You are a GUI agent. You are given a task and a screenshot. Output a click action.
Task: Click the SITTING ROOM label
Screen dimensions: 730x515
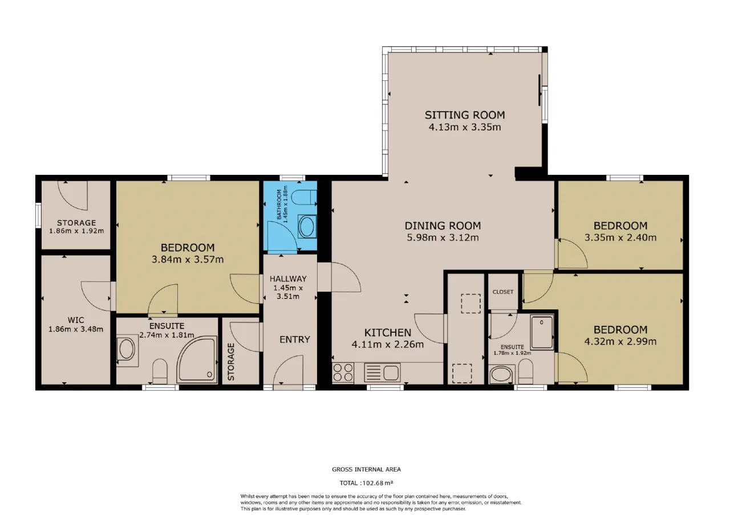[465, 115]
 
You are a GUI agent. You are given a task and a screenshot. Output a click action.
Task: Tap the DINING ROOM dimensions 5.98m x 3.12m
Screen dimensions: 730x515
[443, 238]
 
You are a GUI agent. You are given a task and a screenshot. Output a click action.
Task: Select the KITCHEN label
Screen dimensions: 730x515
[387, 333]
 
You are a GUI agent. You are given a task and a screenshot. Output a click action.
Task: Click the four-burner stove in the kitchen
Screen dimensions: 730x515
[343, 373]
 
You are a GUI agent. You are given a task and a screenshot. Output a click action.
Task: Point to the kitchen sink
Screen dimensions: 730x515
[382, 373]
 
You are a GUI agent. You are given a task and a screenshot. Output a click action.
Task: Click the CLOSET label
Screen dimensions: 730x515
[503, 292]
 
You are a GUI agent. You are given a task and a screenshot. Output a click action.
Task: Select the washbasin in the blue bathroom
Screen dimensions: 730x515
[307, 227]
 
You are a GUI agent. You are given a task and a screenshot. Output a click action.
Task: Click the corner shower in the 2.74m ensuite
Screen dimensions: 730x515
[197, 359]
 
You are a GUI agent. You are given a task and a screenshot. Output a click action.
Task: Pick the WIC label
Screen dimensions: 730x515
[76, 320]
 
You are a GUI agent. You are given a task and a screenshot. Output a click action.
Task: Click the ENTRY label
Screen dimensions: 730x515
[295, 340]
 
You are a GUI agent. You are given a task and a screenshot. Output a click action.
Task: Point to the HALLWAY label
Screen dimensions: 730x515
[288, 279]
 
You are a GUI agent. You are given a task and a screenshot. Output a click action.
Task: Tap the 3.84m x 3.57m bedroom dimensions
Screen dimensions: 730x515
[188, 259]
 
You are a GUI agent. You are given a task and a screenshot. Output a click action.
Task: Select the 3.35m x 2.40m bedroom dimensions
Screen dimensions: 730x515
[620, 238]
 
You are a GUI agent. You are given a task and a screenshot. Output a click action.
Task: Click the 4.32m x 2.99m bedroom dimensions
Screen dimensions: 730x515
[620, 341]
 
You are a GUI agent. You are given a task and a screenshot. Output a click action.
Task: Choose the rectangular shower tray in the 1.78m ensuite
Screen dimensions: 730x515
[542, 332]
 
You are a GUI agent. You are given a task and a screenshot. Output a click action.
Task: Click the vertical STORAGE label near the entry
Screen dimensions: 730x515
[231, 362]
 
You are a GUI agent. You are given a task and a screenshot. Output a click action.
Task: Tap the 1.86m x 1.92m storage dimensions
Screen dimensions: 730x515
[76, 231]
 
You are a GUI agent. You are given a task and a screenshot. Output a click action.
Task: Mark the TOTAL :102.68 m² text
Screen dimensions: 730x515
[366, 483]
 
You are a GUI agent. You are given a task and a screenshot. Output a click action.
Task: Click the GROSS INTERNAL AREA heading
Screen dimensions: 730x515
[366, 469]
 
